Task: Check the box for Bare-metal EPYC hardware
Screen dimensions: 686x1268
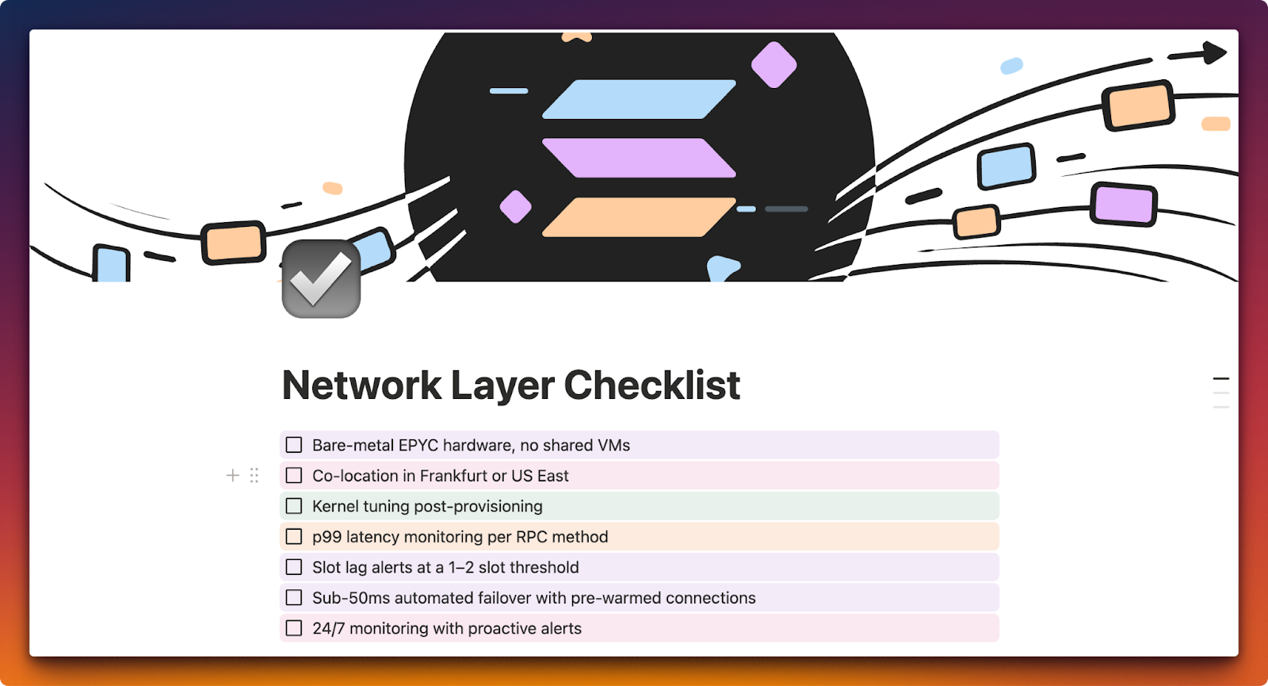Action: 294,445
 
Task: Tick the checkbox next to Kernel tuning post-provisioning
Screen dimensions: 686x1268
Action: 294,506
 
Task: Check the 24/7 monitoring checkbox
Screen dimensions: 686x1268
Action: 294,628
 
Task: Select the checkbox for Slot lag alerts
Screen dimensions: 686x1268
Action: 294,567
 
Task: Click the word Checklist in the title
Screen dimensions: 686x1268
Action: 651,386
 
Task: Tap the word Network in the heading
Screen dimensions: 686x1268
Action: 361,386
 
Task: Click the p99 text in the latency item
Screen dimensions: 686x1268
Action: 327,538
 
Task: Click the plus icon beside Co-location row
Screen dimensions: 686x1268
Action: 232,475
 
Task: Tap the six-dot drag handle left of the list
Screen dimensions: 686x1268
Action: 254,475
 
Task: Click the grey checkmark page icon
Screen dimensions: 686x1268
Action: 321,279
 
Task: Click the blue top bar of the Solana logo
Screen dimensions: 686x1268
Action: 639,99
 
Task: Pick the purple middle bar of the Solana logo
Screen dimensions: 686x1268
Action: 639,158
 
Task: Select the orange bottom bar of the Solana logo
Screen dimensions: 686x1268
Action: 639,217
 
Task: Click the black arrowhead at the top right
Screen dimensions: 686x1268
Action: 1213,52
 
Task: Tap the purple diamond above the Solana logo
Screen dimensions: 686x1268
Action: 773,64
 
